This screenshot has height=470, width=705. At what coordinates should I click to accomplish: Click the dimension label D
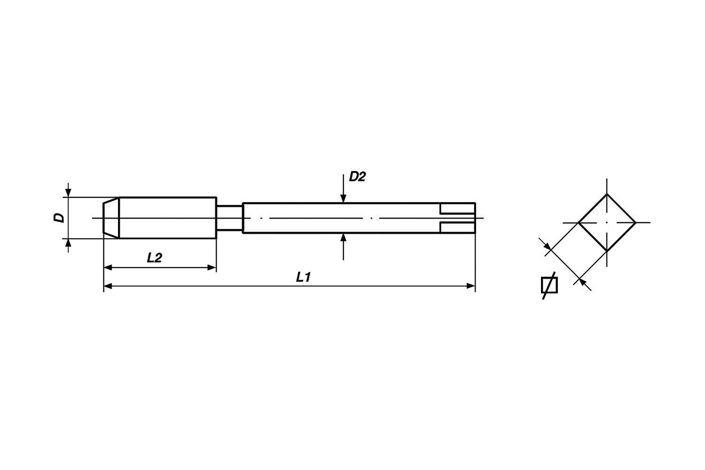pyautogui.click(x=59, y=218)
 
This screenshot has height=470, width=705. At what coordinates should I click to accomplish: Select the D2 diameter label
pyautogui.click(x=357, y=177)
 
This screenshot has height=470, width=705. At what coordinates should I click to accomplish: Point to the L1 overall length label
pyautogui.click(x=304, y=277)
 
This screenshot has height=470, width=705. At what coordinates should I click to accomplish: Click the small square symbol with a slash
pyautogui.click(x=549, y=285)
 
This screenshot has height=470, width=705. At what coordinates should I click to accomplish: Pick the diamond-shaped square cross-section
pyautogui.click(x=607, y=222)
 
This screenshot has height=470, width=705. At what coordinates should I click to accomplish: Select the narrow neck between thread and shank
pyautogui.click(x=229, y=218)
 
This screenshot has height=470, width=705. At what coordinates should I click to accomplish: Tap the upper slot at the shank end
pyautogui.click(x=457, y=209)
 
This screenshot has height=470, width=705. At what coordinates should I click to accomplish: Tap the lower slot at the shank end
pyautogui.click(x=457, y=227)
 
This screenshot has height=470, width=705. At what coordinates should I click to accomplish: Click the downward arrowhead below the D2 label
pyautogui.click(x=344, y=198)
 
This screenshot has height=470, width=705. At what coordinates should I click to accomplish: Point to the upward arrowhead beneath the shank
pyautogui.click(x=344, y=237)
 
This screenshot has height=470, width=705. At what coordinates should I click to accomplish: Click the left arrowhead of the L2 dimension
pyautogui.click(x=108, y=267)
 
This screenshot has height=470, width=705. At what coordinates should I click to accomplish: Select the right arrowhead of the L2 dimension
pyautogui.click(x=212, y=267)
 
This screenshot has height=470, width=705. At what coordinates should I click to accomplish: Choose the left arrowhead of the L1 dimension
pyautogui.click(x=108, y=285)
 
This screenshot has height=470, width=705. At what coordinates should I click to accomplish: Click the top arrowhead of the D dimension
pyautogui.click(x=69, y=193)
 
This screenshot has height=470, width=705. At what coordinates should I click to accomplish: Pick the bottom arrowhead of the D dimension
pyautogui.click(x=69, y=243)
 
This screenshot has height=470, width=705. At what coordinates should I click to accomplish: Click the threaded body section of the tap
pyautogui.click(x=167, y=218)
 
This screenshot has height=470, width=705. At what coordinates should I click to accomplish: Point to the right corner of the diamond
pyautogui.click(x=635, y=222)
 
